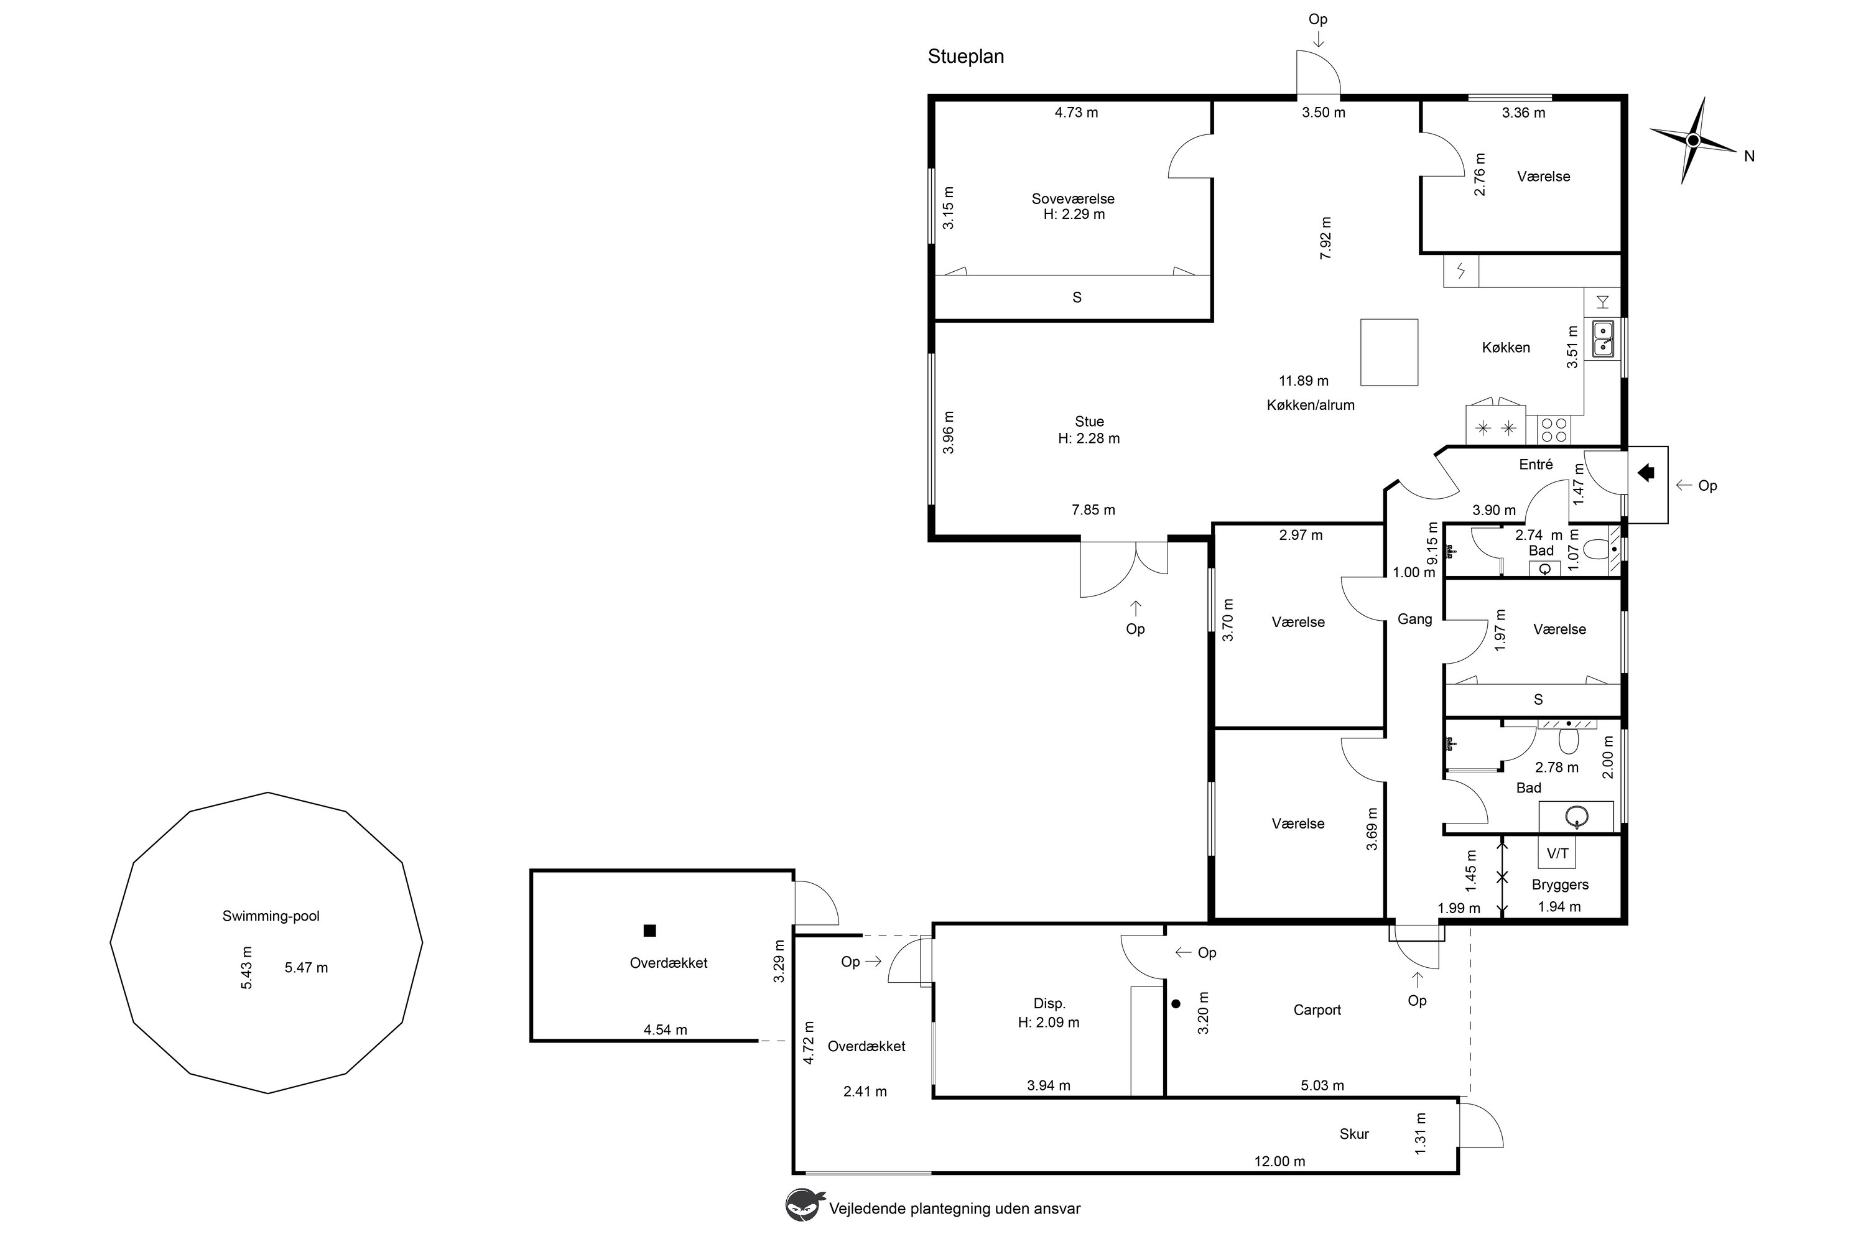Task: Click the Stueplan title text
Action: (965, 57)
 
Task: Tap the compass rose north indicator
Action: (1692, 141)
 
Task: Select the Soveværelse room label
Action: (1072, 198)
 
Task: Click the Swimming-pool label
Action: (271, 916)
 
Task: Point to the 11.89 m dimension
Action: (1304, 381)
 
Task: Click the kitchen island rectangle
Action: (1389, 352)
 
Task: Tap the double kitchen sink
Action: (1603, 339)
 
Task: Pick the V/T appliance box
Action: (1557, 853)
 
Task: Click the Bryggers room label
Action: (1560, 884)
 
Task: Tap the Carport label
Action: (1317, 1010)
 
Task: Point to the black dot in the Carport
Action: (1176, 1004)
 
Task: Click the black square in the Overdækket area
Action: (650, 931)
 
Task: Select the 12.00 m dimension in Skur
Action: (1279, 1161)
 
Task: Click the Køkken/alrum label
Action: (1311, 405)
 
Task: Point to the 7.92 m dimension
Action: (1325, 238)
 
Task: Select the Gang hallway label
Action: (1414, 619)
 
